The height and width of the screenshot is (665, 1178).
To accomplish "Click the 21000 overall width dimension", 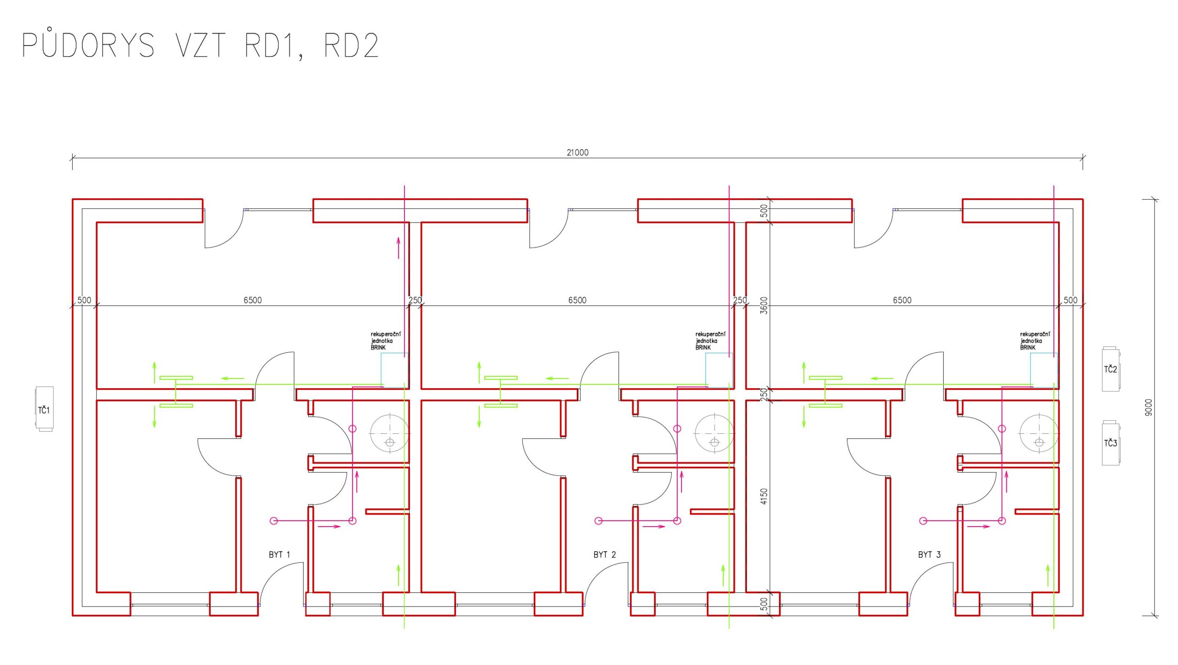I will (x=577, y=153).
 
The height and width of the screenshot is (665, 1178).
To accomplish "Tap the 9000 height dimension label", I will (x=1149, y=407).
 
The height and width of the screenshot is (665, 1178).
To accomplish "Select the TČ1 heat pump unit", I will (x=45, y=409).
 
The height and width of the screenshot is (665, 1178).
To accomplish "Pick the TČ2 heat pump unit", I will (x=1110, y=369).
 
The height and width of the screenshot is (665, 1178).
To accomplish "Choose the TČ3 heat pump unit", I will (x=1110, y=443).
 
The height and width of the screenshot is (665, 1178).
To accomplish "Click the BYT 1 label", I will (x=279, y=555).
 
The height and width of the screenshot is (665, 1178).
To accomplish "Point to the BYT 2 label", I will (x=604, y=555).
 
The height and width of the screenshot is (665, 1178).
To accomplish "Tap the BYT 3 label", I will (x=929, y=555).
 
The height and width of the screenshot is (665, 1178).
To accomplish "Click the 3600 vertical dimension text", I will (x=764, y=305).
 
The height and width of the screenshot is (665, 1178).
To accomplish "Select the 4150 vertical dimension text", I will (x=764, y=496).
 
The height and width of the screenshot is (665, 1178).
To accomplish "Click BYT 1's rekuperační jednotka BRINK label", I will (x=386, y=341).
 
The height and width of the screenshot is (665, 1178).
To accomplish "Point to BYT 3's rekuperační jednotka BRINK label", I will (x=1035, y=341).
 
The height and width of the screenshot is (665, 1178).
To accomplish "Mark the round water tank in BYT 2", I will (x=715, y=433).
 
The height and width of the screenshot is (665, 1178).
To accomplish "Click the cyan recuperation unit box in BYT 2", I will (x=719, y=370).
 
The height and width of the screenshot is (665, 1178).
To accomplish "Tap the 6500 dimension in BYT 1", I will (x=253, y=300).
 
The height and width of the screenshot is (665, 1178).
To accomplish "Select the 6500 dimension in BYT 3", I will (x=902, y=300).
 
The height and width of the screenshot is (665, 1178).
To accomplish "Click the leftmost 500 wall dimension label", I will (x=84, y=300).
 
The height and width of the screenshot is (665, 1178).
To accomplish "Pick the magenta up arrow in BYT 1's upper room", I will (x=398, y=248).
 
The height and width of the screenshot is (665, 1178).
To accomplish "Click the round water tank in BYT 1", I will (x=390, y=433).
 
